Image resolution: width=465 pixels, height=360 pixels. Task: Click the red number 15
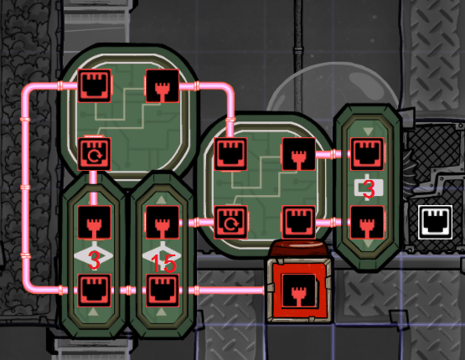tap(163, 264)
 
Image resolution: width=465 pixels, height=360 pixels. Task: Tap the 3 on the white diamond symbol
tap(94, 260)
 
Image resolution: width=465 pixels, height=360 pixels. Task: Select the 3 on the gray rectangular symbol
tap(369, 188)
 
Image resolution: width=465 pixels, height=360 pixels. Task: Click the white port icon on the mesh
tap(436, 222)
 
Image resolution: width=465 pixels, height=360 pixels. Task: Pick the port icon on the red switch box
tap(298, 291)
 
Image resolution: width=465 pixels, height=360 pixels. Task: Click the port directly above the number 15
tap(163, 222)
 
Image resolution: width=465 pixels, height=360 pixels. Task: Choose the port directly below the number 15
tap(163, 291)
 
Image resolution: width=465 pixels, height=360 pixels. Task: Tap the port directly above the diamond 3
tap(95, 222)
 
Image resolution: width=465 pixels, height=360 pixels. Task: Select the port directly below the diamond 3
tap(95, 291)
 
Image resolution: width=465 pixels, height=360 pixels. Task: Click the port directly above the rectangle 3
tap(368, 154)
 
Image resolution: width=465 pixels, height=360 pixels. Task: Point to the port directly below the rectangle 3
tap(368, 222)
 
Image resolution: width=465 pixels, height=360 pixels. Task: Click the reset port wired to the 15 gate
tap(230, 222)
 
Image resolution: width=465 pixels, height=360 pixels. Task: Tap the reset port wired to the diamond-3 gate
tap(95, 154)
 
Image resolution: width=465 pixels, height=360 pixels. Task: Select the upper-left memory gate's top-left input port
tap(95, 86)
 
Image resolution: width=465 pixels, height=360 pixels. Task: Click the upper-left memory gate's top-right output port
tap(163, 86)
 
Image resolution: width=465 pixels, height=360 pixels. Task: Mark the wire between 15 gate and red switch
tap(222, 291)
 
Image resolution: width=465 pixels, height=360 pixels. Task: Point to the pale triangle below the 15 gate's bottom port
tap(162, 311)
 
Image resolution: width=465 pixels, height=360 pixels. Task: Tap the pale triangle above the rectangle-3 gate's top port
tap(368, 131)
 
